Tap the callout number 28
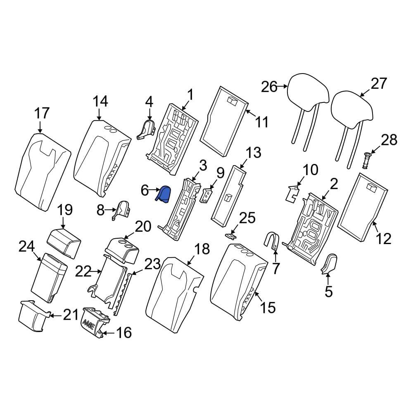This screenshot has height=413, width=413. pos(389,140)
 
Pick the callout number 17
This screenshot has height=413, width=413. pos(42,113)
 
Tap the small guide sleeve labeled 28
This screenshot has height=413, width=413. pos(367,161)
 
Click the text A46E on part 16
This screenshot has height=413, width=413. pos(88,324)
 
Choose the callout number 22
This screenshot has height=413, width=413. pos(83,271)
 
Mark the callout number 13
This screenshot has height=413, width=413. pos(253,153)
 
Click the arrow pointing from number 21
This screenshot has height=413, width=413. pos(56,315)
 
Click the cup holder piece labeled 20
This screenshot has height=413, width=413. pos(122,251)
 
